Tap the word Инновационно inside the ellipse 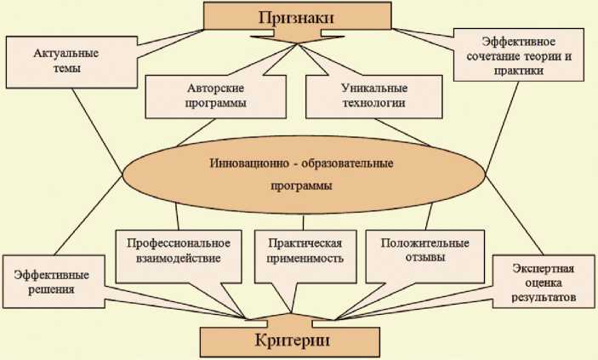pyautogui.click(x=240, y=162)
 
